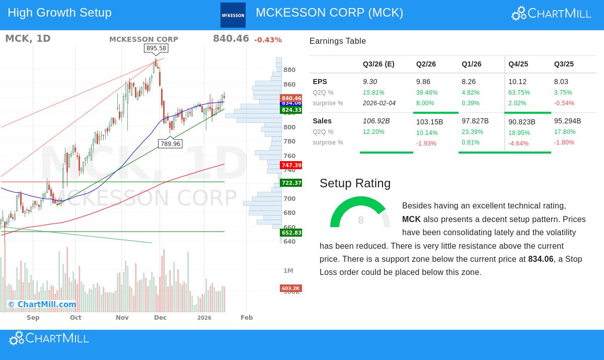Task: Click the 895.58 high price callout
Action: pyautogui.click(x=156, y=48)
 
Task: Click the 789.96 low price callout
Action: pyautogui.click(x=170, y=144)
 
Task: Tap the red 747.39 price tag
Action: pyautogui.click(x=291, y=165)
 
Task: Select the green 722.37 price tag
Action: pyautogui.click(x=291, y=183)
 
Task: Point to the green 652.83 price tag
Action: pyautogui.click(x=291, y=233)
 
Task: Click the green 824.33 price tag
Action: pyautogui.click(x=291, y=110)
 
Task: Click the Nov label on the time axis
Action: pyautogui.click(x=122, y=318)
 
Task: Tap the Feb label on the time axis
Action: pyautogui.click(x=247, y=318)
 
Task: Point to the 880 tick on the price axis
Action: pyautogui.click(x=289, y=70)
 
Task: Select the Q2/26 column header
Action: pyautogui.click(x=426, y=64)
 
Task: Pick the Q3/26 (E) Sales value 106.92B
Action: pyautogui.click(x=376, y=121)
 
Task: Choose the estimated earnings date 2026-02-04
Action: pyautogui.click(x=379, y=103)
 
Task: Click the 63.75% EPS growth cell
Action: pyautogui.click(x=519, y=93)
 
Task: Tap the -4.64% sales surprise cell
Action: pyautogui.click(x=518, y=143)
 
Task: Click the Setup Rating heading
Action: pyautogui.click(x=355, y=183)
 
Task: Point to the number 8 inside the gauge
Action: pyautogui.click(x=360, y=221)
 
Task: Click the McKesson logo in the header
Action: pyautogui.click(x=233, y=15)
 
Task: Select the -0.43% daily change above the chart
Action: pyautogui.click(x=268, y=40)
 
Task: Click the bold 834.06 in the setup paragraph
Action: pyautogui.click(x=541, y=259)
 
